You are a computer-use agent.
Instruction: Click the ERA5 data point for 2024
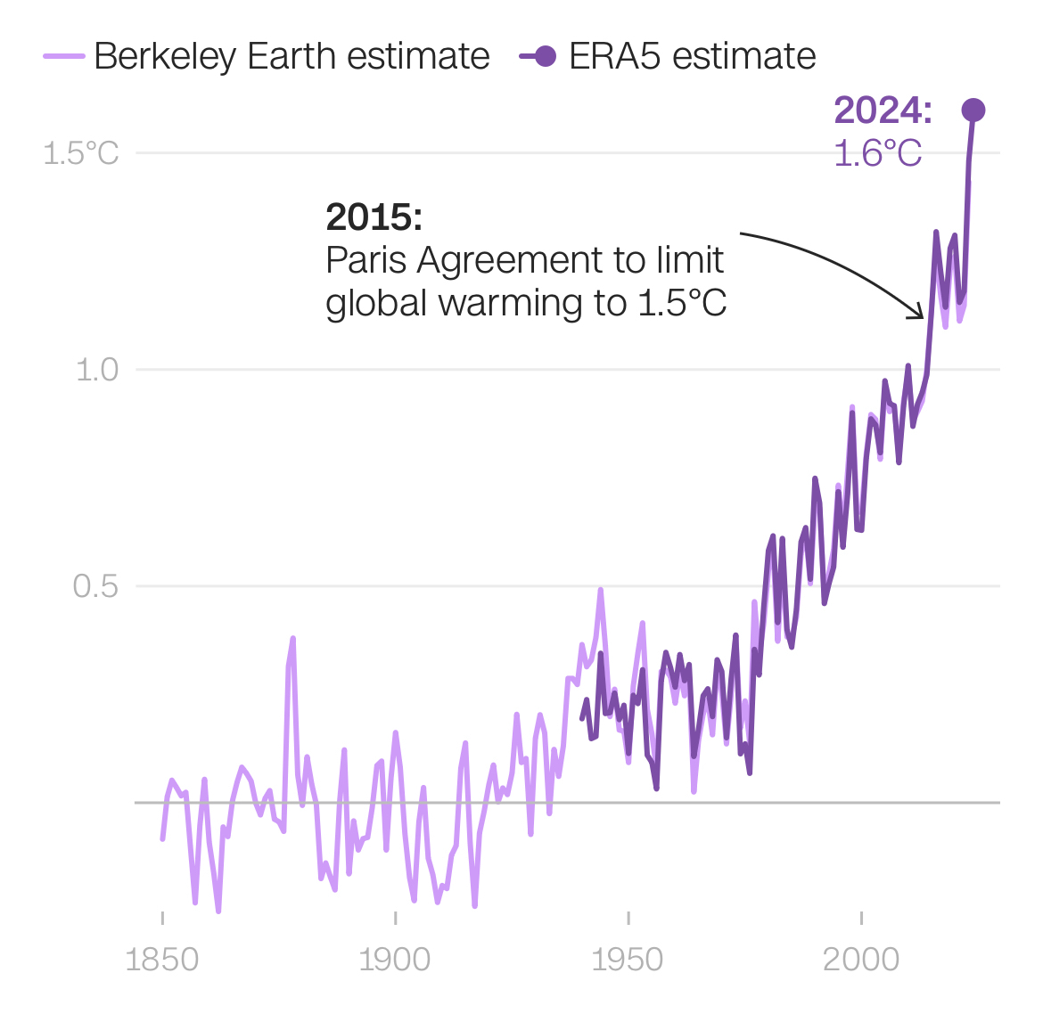point(973,110)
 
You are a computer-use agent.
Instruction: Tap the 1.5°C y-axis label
point(80,153)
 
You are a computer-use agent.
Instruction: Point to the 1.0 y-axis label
point(97,369)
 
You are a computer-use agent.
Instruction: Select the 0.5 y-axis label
point(95,586)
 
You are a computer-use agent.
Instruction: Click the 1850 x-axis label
point(162,960)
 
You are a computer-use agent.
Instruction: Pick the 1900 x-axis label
point(395,960)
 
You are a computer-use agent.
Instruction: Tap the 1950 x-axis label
point(628,960)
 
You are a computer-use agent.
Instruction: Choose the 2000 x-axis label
point(861,960)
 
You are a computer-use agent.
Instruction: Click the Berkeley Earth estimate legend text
point(292,56)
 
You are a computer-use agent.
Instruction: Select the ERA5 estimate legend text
point(692,56)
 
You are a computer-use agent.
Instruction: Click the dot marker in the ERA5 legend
point(545,56)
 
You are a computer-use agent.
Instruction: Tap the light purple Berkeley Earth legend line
point(64,56)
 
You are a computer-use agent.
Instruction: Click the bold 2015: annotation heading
point(374,217)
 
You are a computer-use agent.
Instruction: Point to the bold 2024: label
point(883,110)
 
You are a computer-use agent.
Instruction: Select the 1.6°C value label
point(877,153)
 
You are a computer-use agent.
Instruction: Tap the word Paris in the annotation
point(366,260)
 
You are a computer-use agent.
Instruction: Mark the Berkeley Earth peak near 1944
point(601,590)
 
